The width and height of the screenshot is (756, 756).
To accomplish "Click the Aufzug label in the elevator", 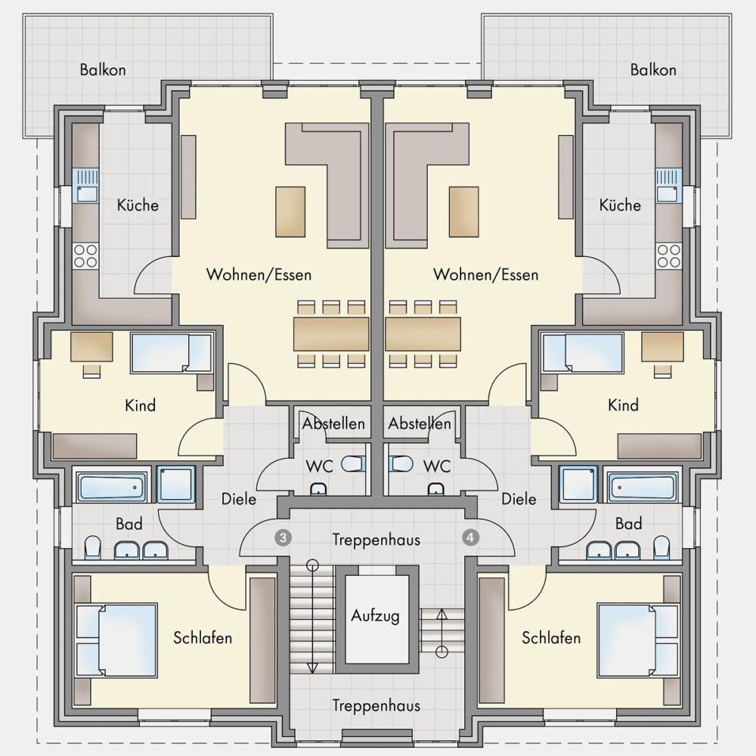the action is (x=375, y=615).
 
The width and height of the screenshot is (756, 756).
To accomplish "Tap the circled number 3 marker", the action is (x=283, y=538).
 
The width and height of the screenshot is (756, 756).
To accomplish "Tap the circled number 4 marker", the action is (x=470, y=537).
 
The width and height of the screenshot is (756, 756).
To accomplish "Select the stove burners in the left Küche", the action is (x=85, y=256).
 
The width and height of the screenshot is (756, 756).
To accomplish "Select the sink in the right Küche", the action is (x=668, y=186).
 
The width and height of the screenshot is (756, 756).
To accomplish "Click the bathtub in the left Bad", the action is (x=111, y=488).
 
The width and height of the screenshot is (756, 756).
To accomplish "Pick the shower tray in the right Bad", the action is (x=578, y=484).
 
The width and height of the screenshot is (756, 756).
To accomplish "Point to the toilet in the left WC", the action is (x=353, y=464).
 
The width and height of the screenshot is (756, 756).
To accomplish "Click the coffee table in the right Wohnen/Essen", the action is (x=464, y=212).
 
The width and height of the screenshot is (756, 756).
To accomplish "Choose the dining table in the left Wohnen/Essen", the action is (x=331, y=333).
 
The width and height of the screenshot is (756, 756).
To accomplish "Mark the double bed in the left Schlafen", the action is (x=116, y=640).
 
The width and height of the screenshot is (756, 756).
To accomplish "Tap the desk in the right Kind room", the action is (x=662, y=347).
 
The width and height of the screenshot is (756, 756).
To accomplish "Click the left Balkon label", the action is (x=103, y=70).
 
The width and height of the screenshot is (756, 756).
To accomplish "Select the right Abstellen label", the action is (x=420, y=423).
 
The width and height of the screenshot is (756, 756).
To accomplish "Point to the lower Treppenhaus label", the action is (x=376, y=706).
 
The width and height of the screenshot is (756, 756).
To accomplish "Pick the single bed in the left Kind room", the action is (x=171, y=353).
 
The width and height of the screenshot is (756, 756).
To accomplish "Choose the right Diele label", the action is (x=519, y=499).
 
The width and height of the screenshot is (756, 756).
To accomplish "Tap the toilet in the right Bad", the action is (x=661, y=548).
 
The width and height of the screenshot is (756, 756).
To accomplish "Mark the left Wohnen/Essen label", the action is (x=259, y=275).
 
